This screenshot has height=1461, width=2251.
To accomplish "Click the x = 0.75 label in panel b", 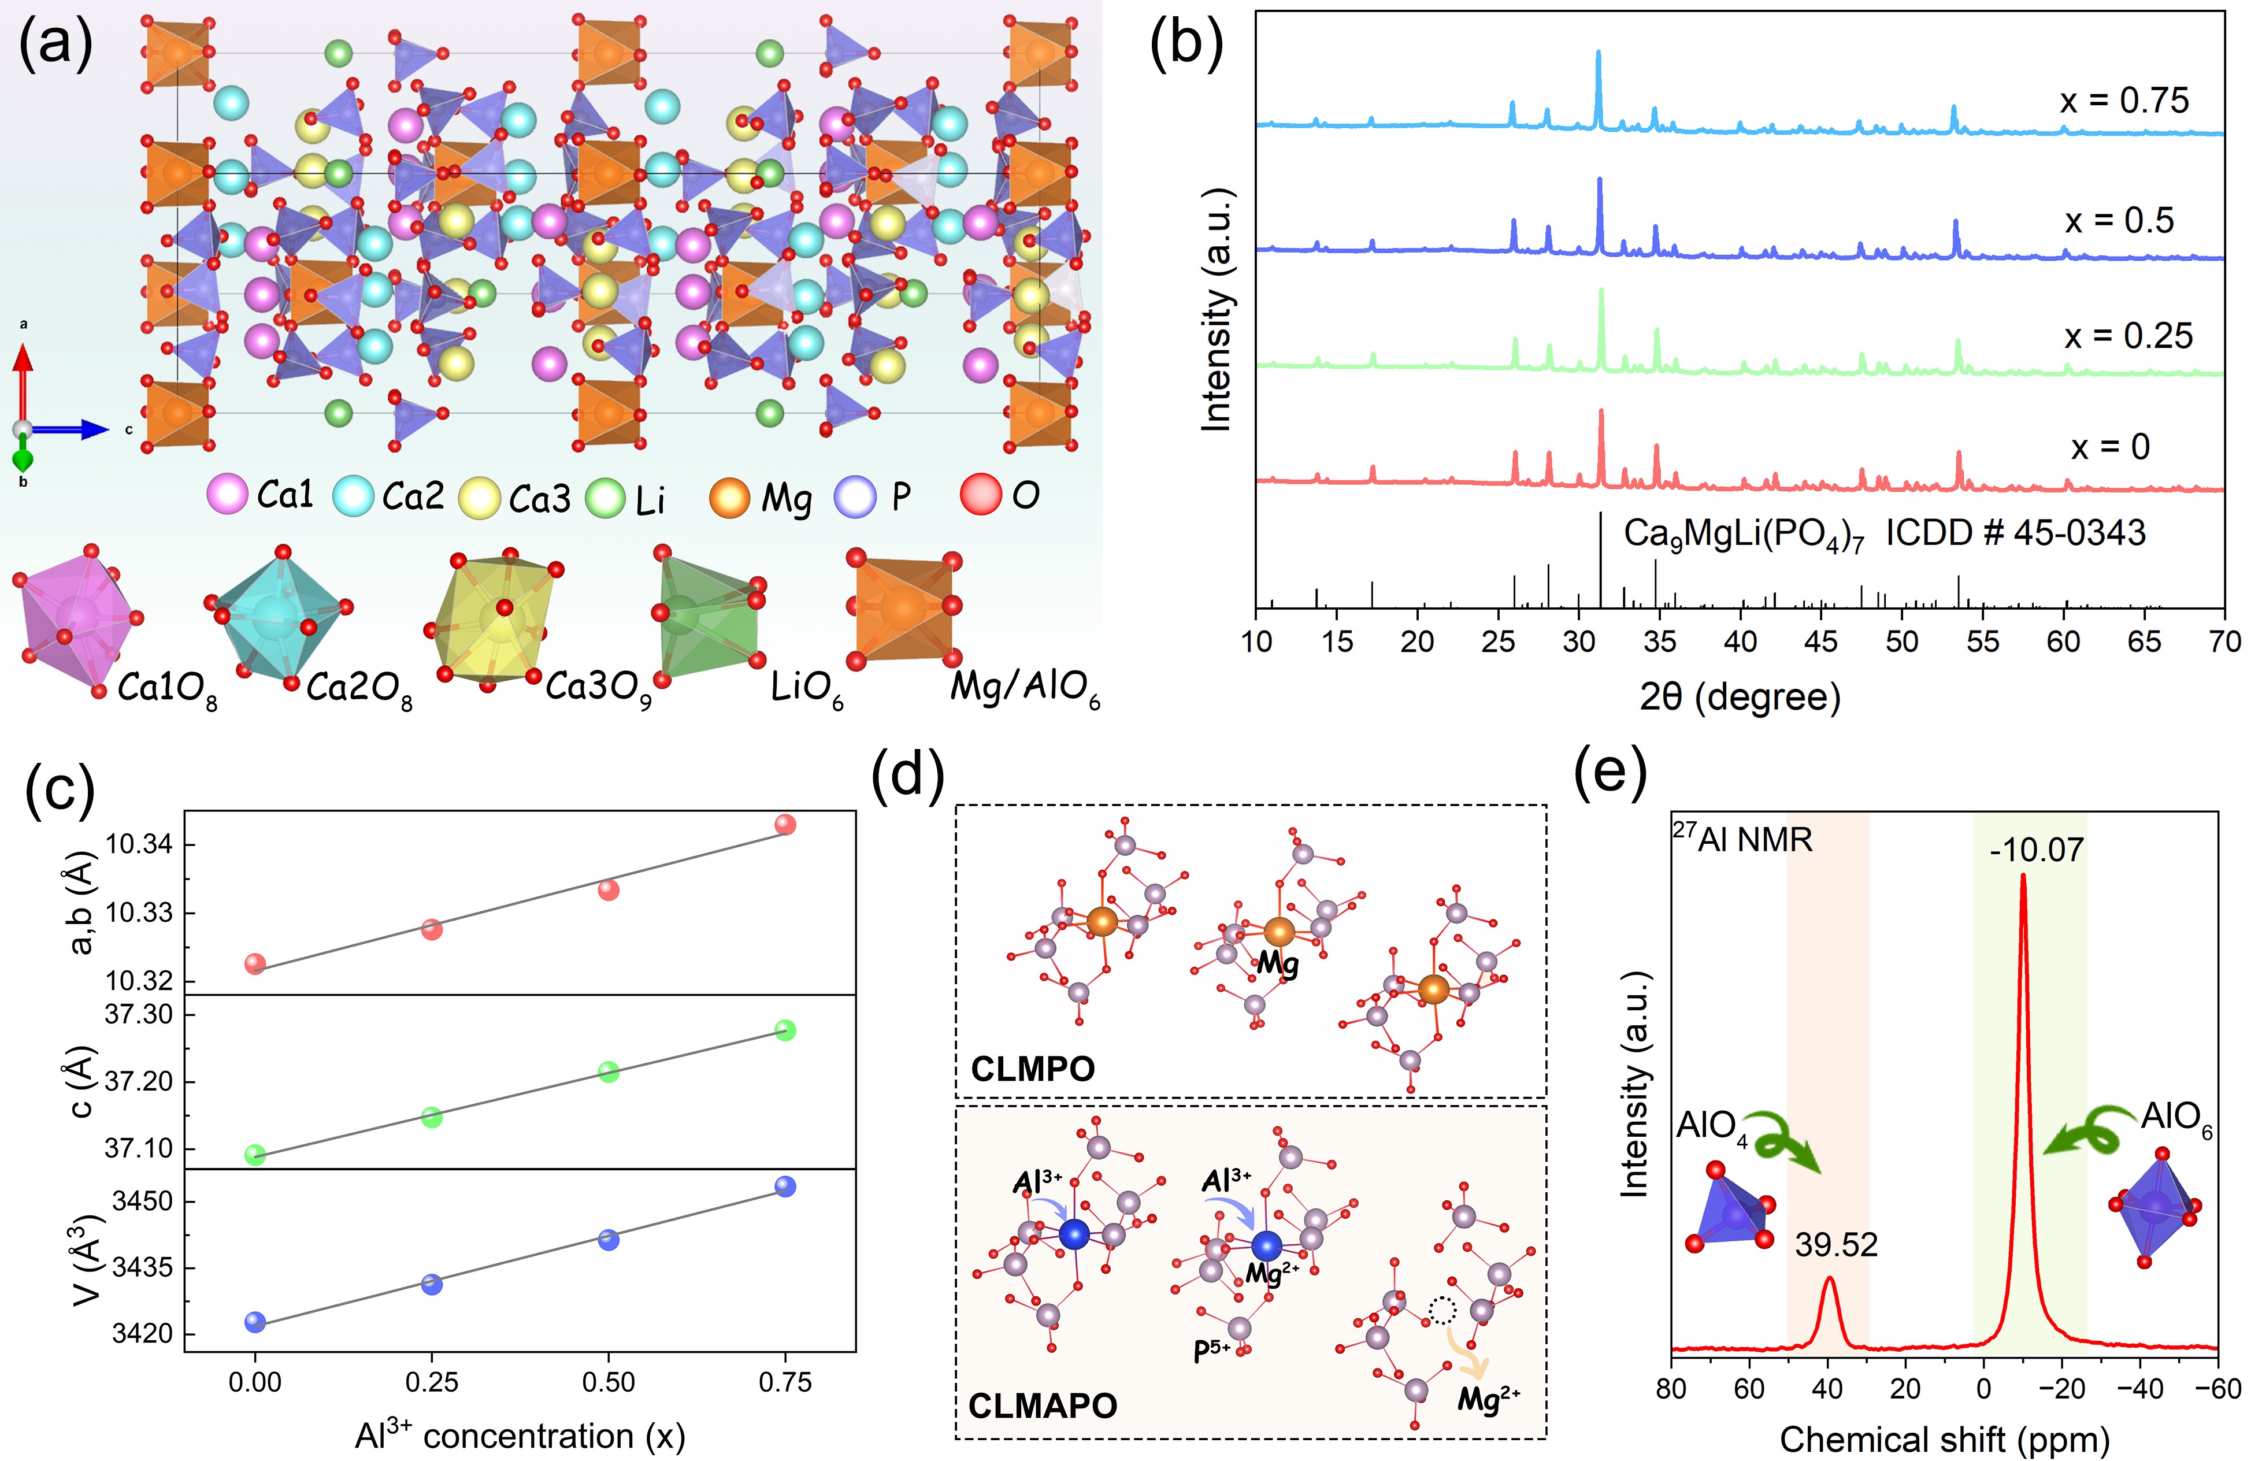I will pyautogui.click(x=2123, y=101).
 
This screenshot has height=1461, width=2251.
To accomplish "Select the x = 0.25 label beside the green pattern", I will pyautogui.click(x=2127, y=336).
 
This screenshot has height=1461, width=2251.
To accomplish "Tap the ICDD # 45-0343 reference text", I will pyautogui.click(x=2015, y=533).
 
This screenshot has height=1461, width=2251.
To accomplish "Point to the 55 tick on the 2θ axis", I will pyautogui.click(x=1982, y=642).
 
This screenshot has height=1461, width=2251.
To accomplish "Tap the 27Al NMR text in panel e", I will pyautogui.click(x=1742, y=839).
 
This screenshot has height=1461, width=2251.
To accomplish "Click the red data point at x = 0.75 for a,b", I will pyautogui.click(x=785, y=825).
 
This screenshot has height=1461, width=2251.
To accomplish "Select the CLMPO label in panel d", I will pyautogui.click(x=1033, y=1069).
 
